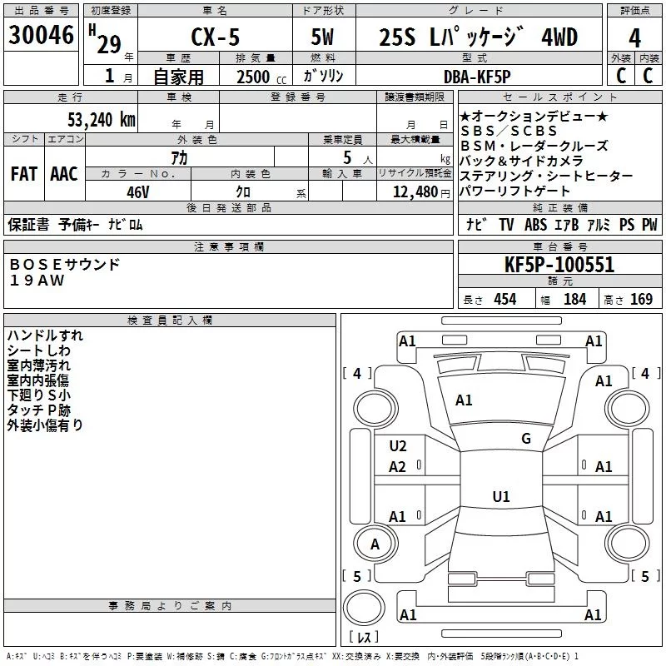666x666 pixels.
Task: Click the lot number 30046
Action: (41, 35)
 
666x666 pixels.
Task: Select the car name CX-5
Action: (216, 37)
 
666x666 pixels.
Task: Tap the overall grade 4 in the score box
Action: (634, 38)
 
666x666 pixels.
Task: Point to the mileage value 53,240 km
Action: (102, 120)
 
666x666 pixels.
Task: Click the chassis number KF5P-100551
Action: (559, 265)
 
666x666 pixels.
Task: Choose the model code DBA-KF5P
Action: (477, 77)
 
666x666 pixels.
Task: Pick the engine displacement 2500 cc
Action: (261, 77)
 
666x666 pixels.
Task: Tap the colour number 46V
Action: (138, 192)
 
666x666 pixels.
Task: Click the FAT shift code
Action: (24, 174)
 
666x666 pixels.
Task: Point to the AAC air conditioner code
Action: (64, 174)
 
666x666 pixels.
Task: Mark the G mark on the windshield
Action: (526, 438)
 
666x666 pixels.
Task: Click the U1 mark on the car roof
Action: (501, 496)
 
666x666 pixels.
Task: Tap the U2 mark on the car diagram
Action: (398, 446)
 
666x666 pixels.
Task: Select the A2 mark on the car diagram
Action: (397, 467)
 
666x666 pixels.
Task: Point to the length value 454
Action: (505, 300)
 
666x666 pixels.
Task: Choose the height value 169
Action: (641, 300)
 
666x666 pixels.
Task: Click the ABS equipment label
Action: (535, 225)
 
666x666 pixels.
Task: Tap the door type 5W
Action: (322, 37)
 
